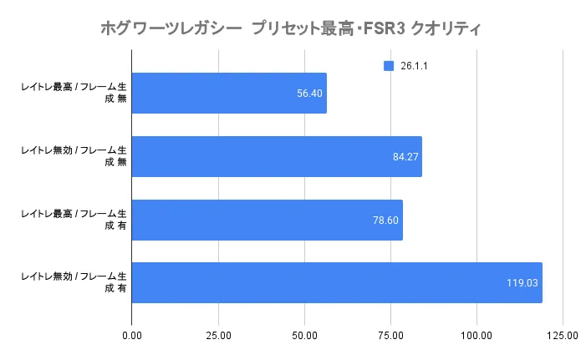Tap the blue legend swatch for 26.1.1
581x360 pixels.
[x=388, y=66]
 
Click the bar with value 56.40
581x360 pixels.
[x=228, y=94]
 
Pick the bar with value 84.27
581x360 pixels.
[x=276, y=156]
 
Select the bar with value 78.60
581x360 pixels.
[x=267, y=220]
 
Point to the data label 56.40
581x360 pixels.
[x=309, y=94]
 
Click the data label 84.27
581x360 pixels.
[x=405, y=156]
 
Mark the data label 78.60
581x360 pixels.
[x=385, y=220]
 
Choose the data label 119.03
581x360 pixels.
[x=522, y=282]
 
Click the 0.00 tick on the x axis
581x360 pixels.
[x=131, y=336]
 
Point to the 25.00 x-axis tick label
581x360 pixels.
[x=217, y=336]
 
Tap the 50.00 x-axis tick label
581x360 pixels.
[x=304, y=336]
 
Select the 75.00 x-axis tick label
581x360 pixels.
[x=390, y=336]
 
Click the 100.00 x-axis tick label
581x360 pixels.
[x=477, y=336]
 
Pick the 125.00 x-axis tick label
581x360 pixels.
[x=563, y=336]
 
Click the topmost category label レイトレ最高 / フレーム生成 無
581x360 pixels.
[x=74, y=93]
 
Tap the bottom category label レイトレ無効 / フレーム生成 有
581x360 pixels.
[x=74, y=281]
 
